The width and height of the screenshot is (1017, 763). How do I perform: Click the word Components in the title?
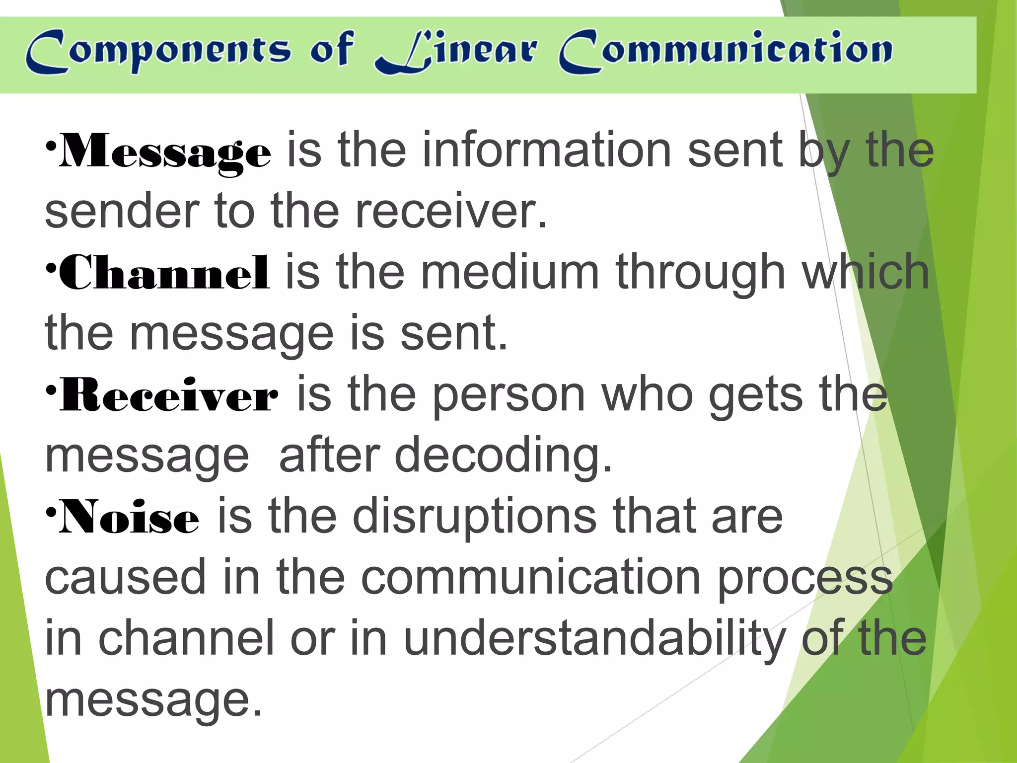pyautogui.click(x=158, y=52)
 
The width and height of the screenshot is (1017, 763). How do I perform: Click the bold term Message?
pyautogui.click(x=165, y=151)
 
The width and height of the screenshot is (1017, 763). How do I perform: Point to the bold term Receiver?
pyautogui.click(x=169, y=395)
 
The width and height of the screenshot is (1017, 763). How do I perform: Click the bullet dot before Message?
pyautogui.click(x=51, y=147)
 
